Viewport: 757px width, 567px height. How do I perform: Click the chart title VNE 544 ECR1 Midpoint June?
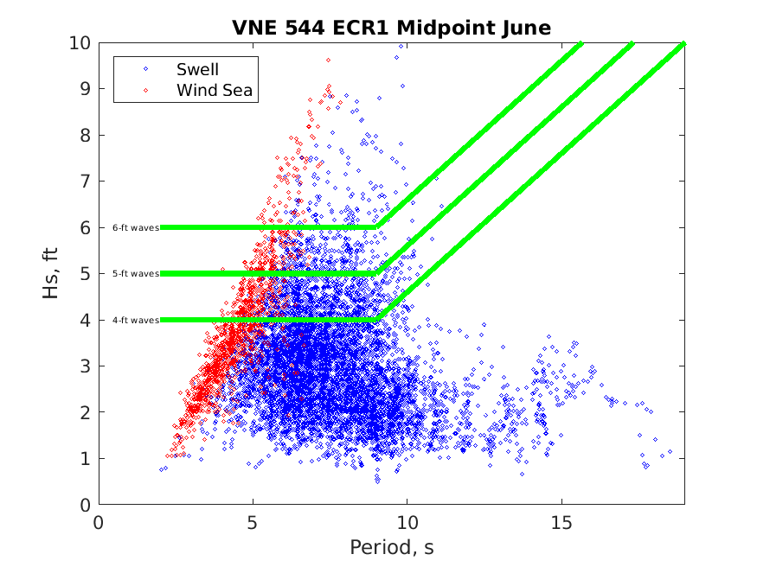(x=391, y=28)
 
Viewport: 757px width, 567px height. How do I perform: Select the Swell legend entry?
(x=197, y=69)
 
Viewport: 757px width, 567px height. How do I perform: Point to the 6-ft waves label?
(x=136, y=227)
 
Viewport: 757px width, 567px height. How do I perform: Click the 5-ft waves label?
(x=136, y=274)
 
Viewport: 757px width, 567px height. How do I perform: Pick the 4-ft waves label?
(x=136, y=320)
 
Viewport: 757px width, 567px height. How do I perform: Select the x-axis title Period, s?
(x=391, y=547)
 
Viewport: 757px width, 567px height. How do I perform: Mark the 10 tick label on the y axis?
(x=80, y=43)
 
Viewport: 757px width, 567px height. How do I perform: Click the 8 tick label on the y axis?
(x=85, y=136)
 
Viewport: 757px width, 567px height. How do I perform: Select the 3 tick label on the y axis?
(x=85, y=366)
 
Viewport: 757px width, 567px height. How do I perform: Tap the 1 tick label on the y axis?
(x=85, y=459)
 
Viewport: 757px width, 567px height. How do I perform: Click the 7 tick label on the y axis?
(x=85, y=182)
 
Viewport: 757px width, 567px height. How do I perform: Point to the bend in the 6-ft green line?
(x=376, y=227)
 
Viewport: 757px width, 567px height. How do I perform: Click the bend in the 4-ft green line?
(x=376, y=320)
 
